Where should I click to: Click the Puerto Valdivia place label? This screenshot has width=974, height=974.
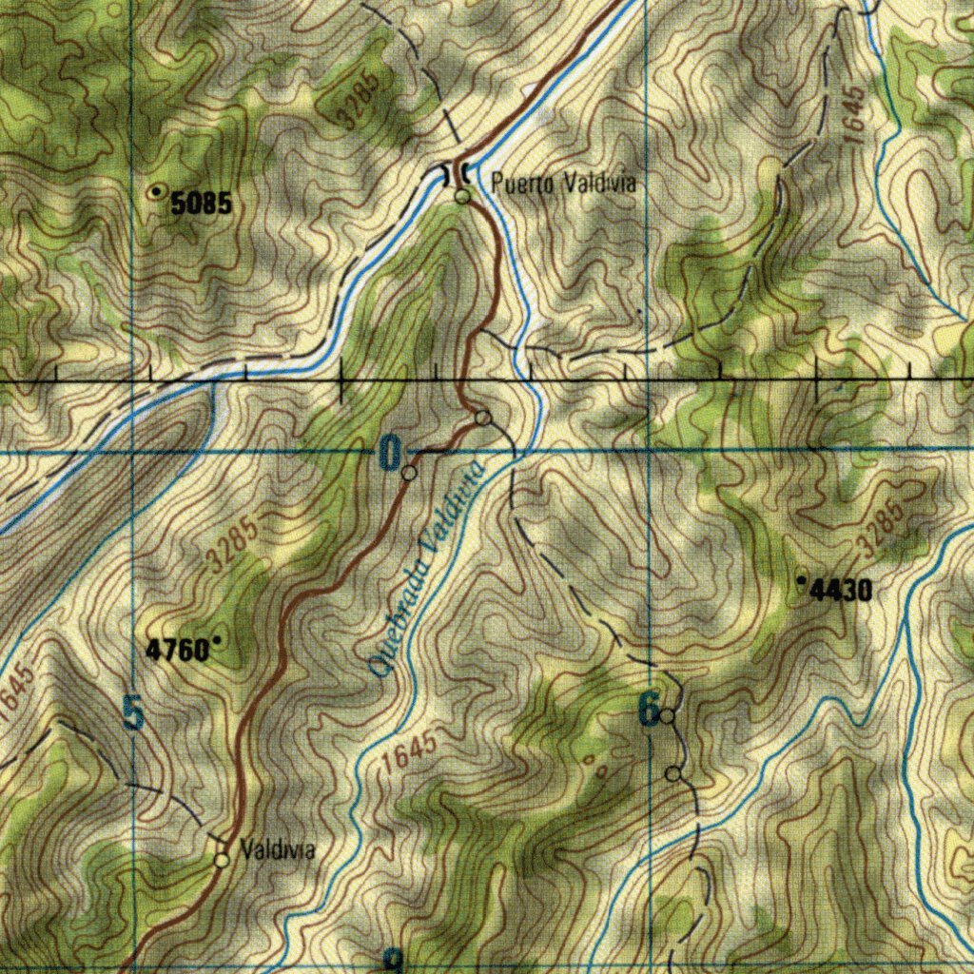(563, 184)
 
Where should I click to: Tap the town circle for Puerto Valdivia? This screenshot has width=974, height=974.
(462, 197)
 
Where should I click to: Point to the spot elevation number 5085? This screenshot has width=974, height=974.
(202, 203)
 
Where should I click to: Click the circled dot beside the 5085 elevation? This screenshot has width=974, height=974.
(156, 192)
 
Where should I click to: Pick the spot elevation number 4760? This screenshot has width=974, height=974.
(177, 650)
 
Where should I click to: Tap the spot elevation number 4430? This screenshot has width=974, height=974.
(840, 592)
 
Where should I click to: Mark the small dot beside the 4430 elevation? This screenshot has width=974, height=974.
(801, 577)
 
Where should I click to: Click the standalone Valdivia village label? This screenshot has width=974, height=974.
(278, 848)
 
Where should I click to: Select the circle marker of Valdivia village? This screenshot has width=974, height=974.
(222, 860)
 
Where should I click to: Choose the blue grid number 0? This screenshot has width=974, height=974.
(390, 453)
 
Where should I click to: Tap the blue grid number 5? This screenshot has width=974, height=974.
(134, 713)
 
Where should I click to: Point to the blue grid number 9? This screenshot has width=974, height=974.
(391, 961)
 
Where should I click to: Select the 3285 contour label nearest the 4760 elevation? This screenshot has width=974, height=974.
(233, 544)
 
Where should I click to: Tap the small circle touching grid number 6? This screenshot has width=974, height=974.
(669, 715)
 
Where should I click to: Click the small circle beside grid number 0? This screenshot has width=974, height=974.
(409, 473)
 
